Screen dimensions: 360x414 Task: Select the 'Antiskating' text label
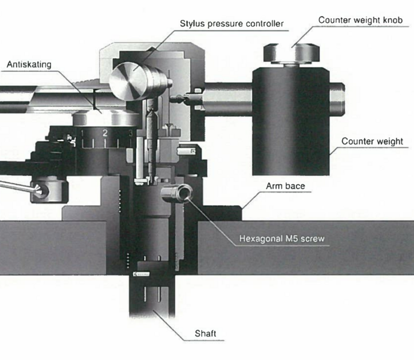pos(30,64)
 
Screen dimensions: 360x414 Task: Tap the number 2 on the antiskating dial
pos(104,133)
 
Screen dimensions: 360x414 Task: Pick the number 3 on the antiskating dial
pos(130,133)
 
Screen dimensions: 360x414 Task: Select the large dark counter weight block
pos(290,120)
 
